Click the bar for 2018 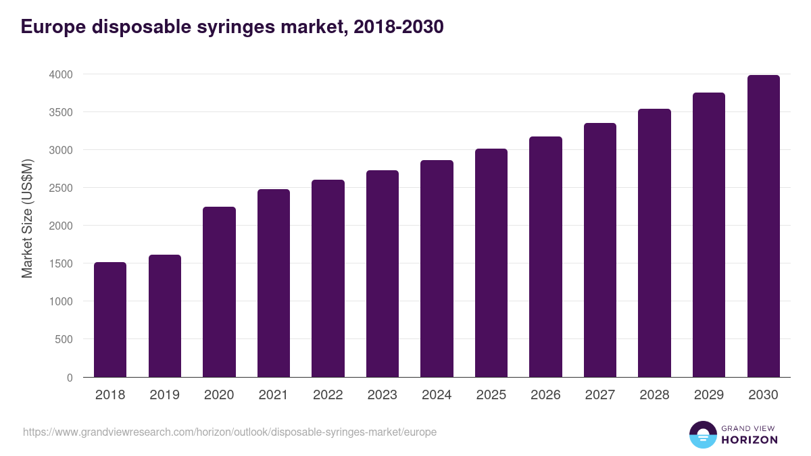tap(110, 320)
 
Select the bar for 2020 tap(219, 292)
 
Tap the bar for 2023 tap(383, 274)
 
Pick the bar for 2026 tap(545, 257)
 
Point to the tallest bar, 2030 tap(763, 226)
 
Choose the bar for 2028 tap(654, 243)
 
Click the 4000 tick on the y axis tap(61, 74)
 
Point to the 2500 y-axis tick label tap(61, 188)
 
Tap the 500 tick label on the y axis tap(64, 340)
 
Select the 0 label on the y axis tap(70, 378)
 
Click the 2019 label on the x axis tap(164, 395)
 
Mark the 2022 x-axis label tap(328, 395)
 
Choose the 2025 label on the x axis tap(491, 395)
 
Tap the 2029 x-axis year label tap(708, 395)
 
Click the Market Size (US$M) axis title tap(27, 218)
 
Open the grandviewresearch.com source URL tap(230, 432)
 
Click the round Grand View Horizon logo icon tap(703, 434)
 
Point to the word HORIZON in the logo tap(749, 440)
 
